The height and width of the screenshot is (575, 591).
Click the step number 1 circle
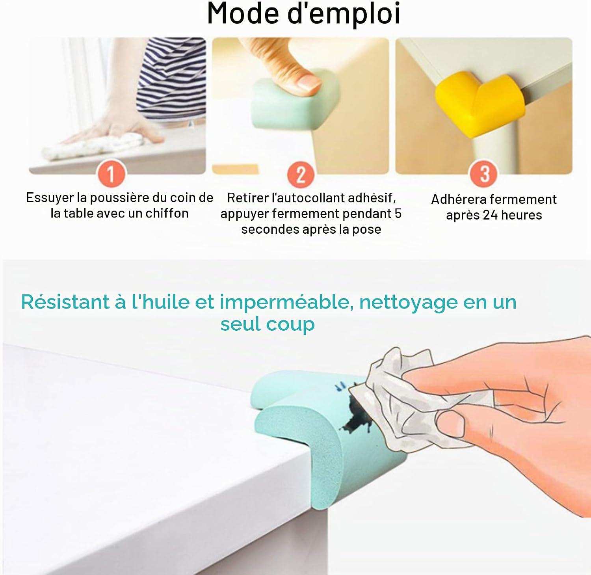(111, 174)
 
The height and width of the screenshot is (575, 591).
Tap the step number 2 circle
(301, 174)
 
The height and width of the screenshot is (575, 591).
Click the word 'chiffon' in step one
(167, 214)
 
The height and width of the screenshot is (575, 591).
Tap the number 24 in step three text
(490, 215)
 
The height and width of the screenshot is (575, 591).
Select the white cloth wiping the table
(95, 145)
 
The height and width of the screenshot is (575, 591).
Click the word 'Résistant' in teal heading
(65, 302)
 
